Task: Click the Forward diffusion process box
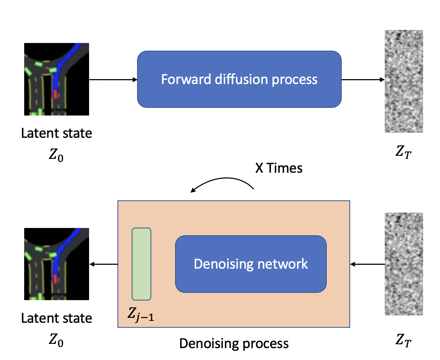coord(239,79)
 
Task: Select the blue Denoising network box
coord(251,264)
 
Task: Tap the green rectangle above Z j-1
coord(141,264)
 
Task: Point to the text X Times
coord(279,168)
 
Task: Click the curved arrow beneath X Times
coord(223,183)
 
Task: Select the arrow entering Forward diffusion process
coord(113,80)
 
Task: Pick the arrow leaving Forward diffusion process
coord(363,80)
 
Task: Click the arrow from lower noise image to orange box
coord(367,264)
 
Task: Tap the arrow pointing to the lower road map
coord(104,264)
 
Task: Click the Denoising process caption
coord(234,343)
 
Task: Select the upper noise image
coord(404,81)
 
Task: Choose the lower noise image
coord(404,264)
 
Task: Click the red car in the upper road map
coord(55,94)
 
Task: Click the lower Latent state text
coord(56,318)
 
